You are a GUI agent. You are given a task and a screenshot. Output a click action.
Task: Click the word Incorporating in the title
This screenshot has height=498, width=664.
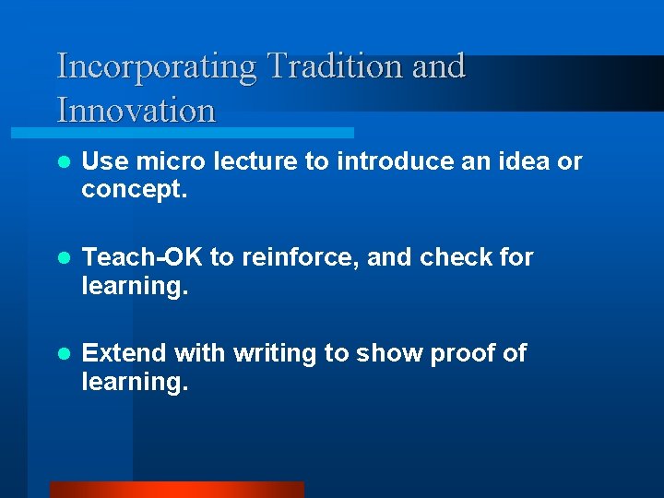click(x=157, y=67)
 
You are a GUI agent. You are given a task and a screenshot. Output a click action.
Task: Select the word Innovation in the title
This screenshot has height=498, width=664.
click(x=136, y=111)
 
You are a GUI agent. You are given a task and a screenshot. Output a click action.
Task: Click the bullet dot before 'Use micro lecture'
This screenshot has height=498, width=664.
click(x=64, y=162)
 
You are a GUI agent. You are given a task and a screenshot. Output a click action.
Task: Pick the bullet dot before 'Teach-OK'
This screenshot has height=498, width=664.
click(x=64, y=257)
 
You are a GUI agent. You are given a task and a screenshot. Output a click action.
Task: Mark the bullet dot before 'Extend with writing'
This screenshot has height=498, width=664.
click(x=64, y=353)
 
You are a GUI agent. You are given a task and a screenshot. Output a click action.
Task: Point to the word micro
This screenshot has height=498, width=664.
click(x=171, y=162)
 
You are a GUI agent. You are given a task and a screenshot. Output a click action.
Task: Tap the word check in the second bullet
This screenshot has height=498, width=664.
click(x=456, y=257)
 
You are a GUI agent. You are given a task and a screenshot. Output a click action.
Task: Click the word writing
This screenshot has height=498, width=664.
click(x=273, y=354)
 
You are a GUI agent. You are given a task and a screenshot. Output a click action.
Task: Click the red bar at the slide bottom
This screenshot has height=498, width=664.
click(x=176, y=490)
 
